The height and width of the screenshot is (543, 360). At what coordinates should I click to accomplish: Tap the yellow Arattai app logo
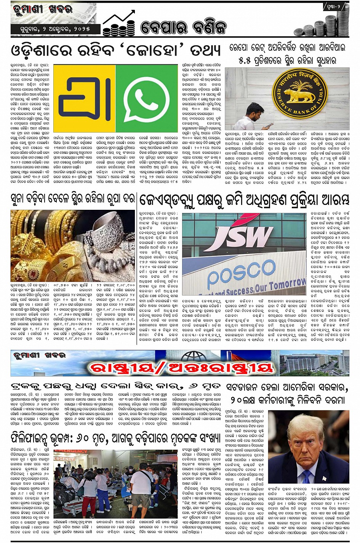(x=84, y=99)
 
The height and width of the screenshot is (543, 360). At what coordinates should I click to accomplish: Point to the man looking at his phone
(x=254, y=117)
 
